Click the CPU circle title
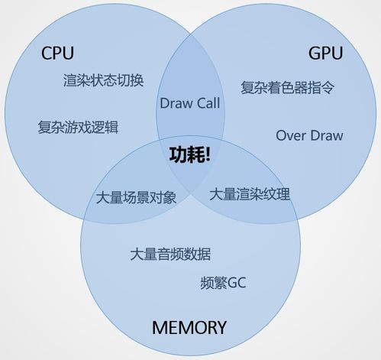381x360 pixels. point(57,53)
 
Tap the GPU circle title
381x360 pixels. point(326,53)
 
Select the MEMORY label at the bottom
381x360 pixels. point(189,327)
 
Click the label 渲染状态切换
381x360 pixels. point(103,80)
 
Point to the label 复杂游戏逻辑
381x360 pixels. point(78,127)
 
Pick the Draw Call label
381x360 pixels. point(190,103)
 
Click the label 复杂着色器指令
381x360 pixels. point(288,88)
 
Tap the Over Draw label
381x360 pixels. point(309,135)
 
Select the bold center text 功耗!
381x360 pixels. point(190,154)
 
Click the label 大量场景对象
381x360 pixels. point(136,197)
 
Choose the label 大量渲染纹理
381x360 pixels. point(250,194)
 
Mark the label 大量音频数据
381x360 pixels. point(170,254)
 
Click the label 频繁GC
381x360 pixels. point(223,283)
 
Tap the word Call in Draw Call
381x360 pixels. point(208,103)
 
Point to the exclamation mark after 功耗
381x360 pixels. point(208,154)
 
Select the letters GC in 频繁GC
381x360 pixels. point(237,283)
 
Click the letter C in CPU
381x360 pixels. point(47,54)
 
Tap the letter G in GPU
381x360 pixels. point(315,54)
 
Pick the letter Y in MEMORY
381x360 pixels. point(221,327)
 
